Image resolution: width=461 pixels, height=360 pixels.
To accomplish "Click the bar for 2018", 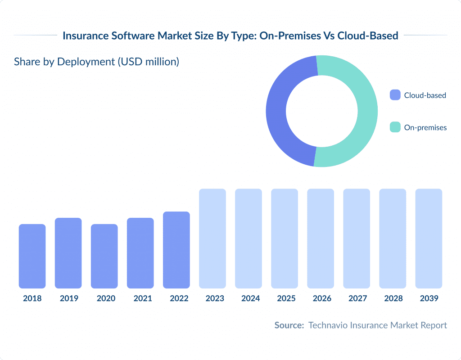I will (32, 256).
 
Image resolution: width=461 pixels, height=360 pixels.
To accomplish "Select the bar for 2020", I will (104, 256).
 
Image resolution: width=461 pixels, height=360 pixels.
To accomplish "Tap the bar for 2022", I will (176, 250).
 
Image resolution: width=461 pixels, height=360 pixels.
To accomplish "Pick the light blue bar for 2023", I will (212, 238).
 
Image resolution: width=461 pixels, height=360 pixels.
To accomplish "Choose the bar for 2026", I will (320, 238).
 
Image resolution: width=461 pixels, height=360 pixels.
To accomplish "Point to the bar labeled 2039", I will (428, 238).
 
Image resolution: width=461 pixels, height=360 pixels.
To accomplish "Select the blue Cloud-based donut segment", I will (277, 112).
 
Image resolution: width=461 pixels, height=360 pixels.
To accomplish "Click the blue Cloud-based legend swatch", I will (395, 95).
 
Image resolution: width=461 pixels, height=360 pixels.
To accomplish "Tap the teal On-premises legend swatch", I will (395, 127).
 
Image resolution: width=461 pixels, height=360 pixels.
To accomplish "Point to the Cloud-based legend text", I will (425, 95).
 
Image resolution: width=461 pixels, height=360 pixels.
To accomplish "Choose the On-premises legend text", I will (425, 127).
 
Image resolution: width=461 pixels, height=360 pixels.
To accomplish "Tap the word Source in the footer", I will (289, 325).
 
